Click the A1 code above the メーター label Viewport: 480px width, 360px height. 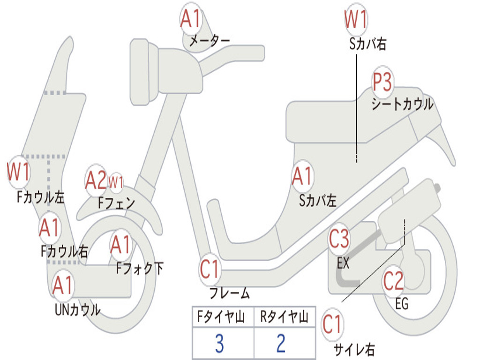[x=190, y=19]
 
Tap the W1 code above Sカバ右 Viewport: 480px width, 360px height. [x=355, y=19]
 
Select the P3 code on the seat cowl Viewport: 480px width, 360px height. [x=382, y=82]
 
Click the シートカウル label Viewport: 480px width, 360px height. [x=402, y=105]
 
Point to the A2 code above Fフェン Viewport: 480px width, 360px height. [x=96, y=180]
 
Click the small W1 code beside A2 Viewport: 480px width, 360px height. [x=116, y=182]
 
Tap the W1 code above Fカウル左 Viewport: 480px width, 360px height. [x=18, y=172]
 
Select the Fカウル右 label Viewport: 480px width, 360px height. [x=64, y=251]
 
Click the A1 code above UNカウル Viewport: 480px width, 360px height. [x=62, y=285]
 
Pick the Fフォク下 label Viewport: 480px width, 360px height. [x=140, y=268]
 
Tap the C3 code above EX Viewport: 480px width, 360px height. [x=339, y=239]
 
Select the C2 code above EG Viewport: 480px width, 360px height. [x=393, y=280]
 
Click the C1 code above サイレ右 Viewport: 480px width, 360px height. [x=332, y=324]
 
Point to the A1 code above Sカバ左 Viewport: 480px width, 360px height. [x=302, y=176]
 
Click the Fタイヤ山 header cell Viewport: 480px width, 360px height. [x=223, y=317]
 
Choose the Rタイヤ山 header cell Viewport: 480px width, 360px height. [x=285, y=317]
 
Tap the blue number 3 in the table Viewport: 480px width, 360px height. [x=219, y=344]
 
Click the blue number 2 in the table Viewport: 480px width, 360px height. [x=281, y=344]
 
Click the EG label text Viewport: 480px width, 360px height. [x=402, y=304]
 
